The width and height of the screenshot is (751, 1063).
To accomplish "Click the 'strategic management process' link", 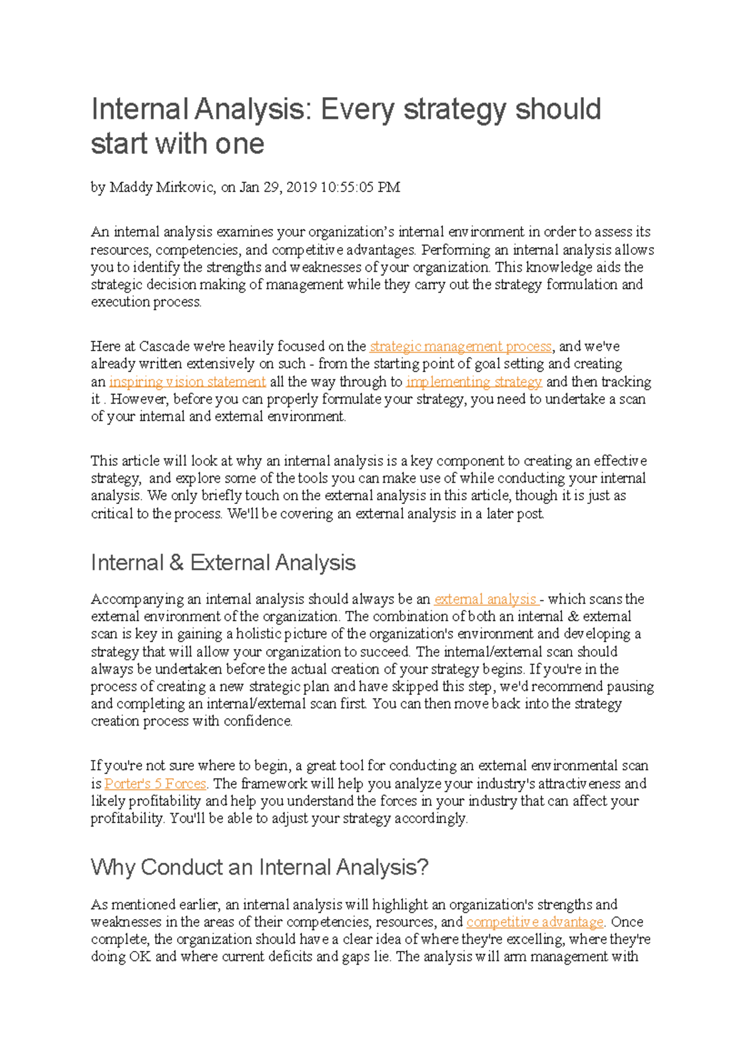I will pos(461,346).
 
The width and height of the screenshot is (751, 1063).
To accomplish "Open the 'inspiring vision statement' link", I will pos(187,381).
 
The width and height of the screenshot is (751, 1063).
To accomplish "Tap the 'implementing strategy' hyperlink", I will pos(474,381).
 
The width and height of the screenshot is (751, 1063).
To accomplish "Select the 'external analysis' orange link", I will pos(485,599).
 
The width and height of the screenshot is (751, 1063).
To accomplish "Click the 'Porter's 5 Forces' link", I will pos(155,783).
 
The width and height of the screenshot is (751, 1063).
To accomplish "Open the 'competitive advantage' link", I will pos(535,922).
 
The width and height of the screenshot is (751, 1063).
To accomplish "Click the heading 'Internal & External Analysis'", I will pos(223,562).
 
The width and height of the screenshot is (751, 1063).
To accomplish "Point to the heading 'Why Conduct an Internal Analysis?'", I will pos(259,867).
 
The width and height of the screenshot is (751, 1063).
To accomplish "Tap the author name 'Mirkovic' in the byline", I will pos(190,187).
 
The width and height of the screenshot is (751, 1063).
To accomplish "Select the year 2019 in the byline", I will pos(301,187).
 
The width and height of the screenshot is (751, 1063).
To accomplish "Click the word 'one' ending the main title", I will pos(240,143).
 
